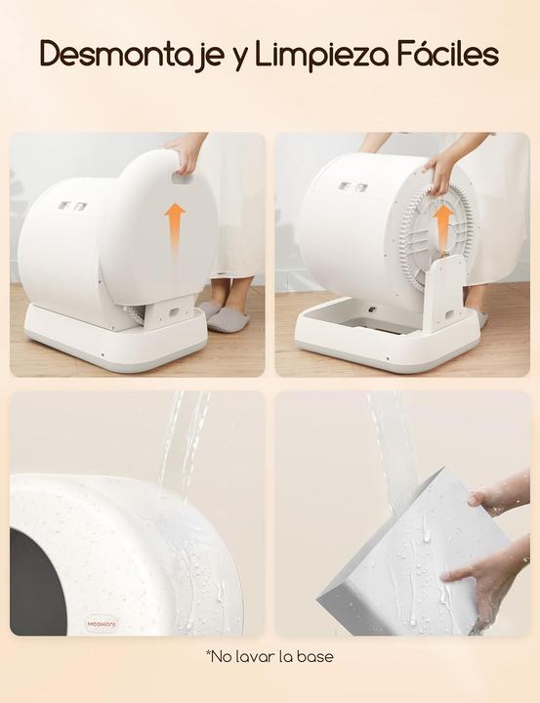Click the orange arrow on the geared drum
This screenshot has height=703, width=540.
click(x=442, y=224)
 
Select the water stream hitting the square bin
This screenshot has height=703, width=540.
click(x=392, y=439)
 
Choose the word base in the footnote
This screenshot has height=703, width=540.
click(x=314, y=656)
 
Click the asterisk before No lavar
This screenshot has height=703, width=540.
click(x=209, y=653)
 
